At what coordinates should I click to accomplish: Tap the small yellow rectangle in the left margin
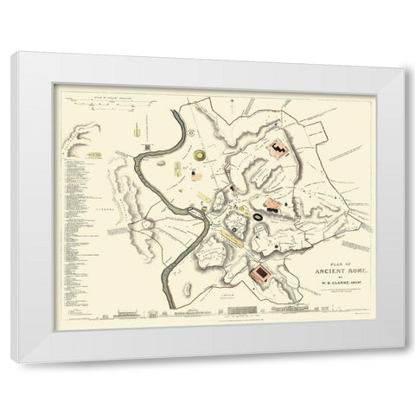point(90,155)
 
